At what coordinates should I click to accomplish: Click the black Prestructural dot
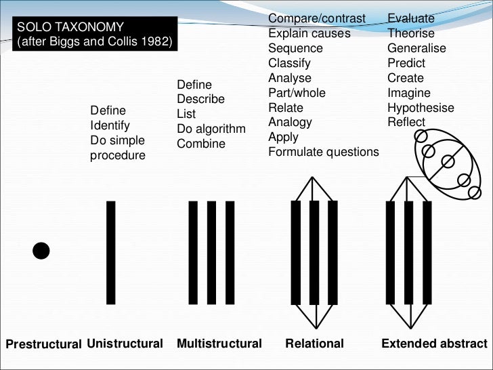pos(41,251)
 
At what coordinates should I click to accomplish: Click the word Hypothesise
pos(421,108)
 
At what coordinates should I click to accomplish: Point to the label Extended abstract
pos(434,344)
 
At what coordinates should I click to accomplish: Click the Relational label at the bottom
pos(314,344)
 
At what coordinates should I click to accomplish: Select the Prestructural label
pos(44,344)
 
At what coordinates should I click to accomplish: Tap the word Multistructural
pos(219,344)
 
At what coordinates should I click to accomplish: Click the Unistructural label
pos(125,344)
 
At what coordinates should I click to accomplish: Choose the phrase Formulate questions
pos(323,152)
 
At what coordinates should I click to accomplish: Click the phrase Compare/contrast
pos(316,18)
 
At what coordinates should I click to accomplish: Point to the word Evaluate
pos(411,18)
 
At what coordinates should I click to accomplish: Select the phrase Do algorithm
pos(211,129)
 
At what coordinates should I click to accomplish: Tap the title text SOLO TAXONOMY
pos(70,27)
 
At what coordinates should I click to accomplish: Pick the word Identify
pos(110,125)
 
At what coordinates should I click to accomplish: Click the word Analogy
pos(290,122)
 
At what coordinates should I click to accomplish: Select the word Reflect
pos(406,123)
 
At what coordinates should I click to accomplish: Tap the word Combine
pos(200,144)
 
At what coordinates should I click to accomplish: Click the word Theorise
pos(411,33)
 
